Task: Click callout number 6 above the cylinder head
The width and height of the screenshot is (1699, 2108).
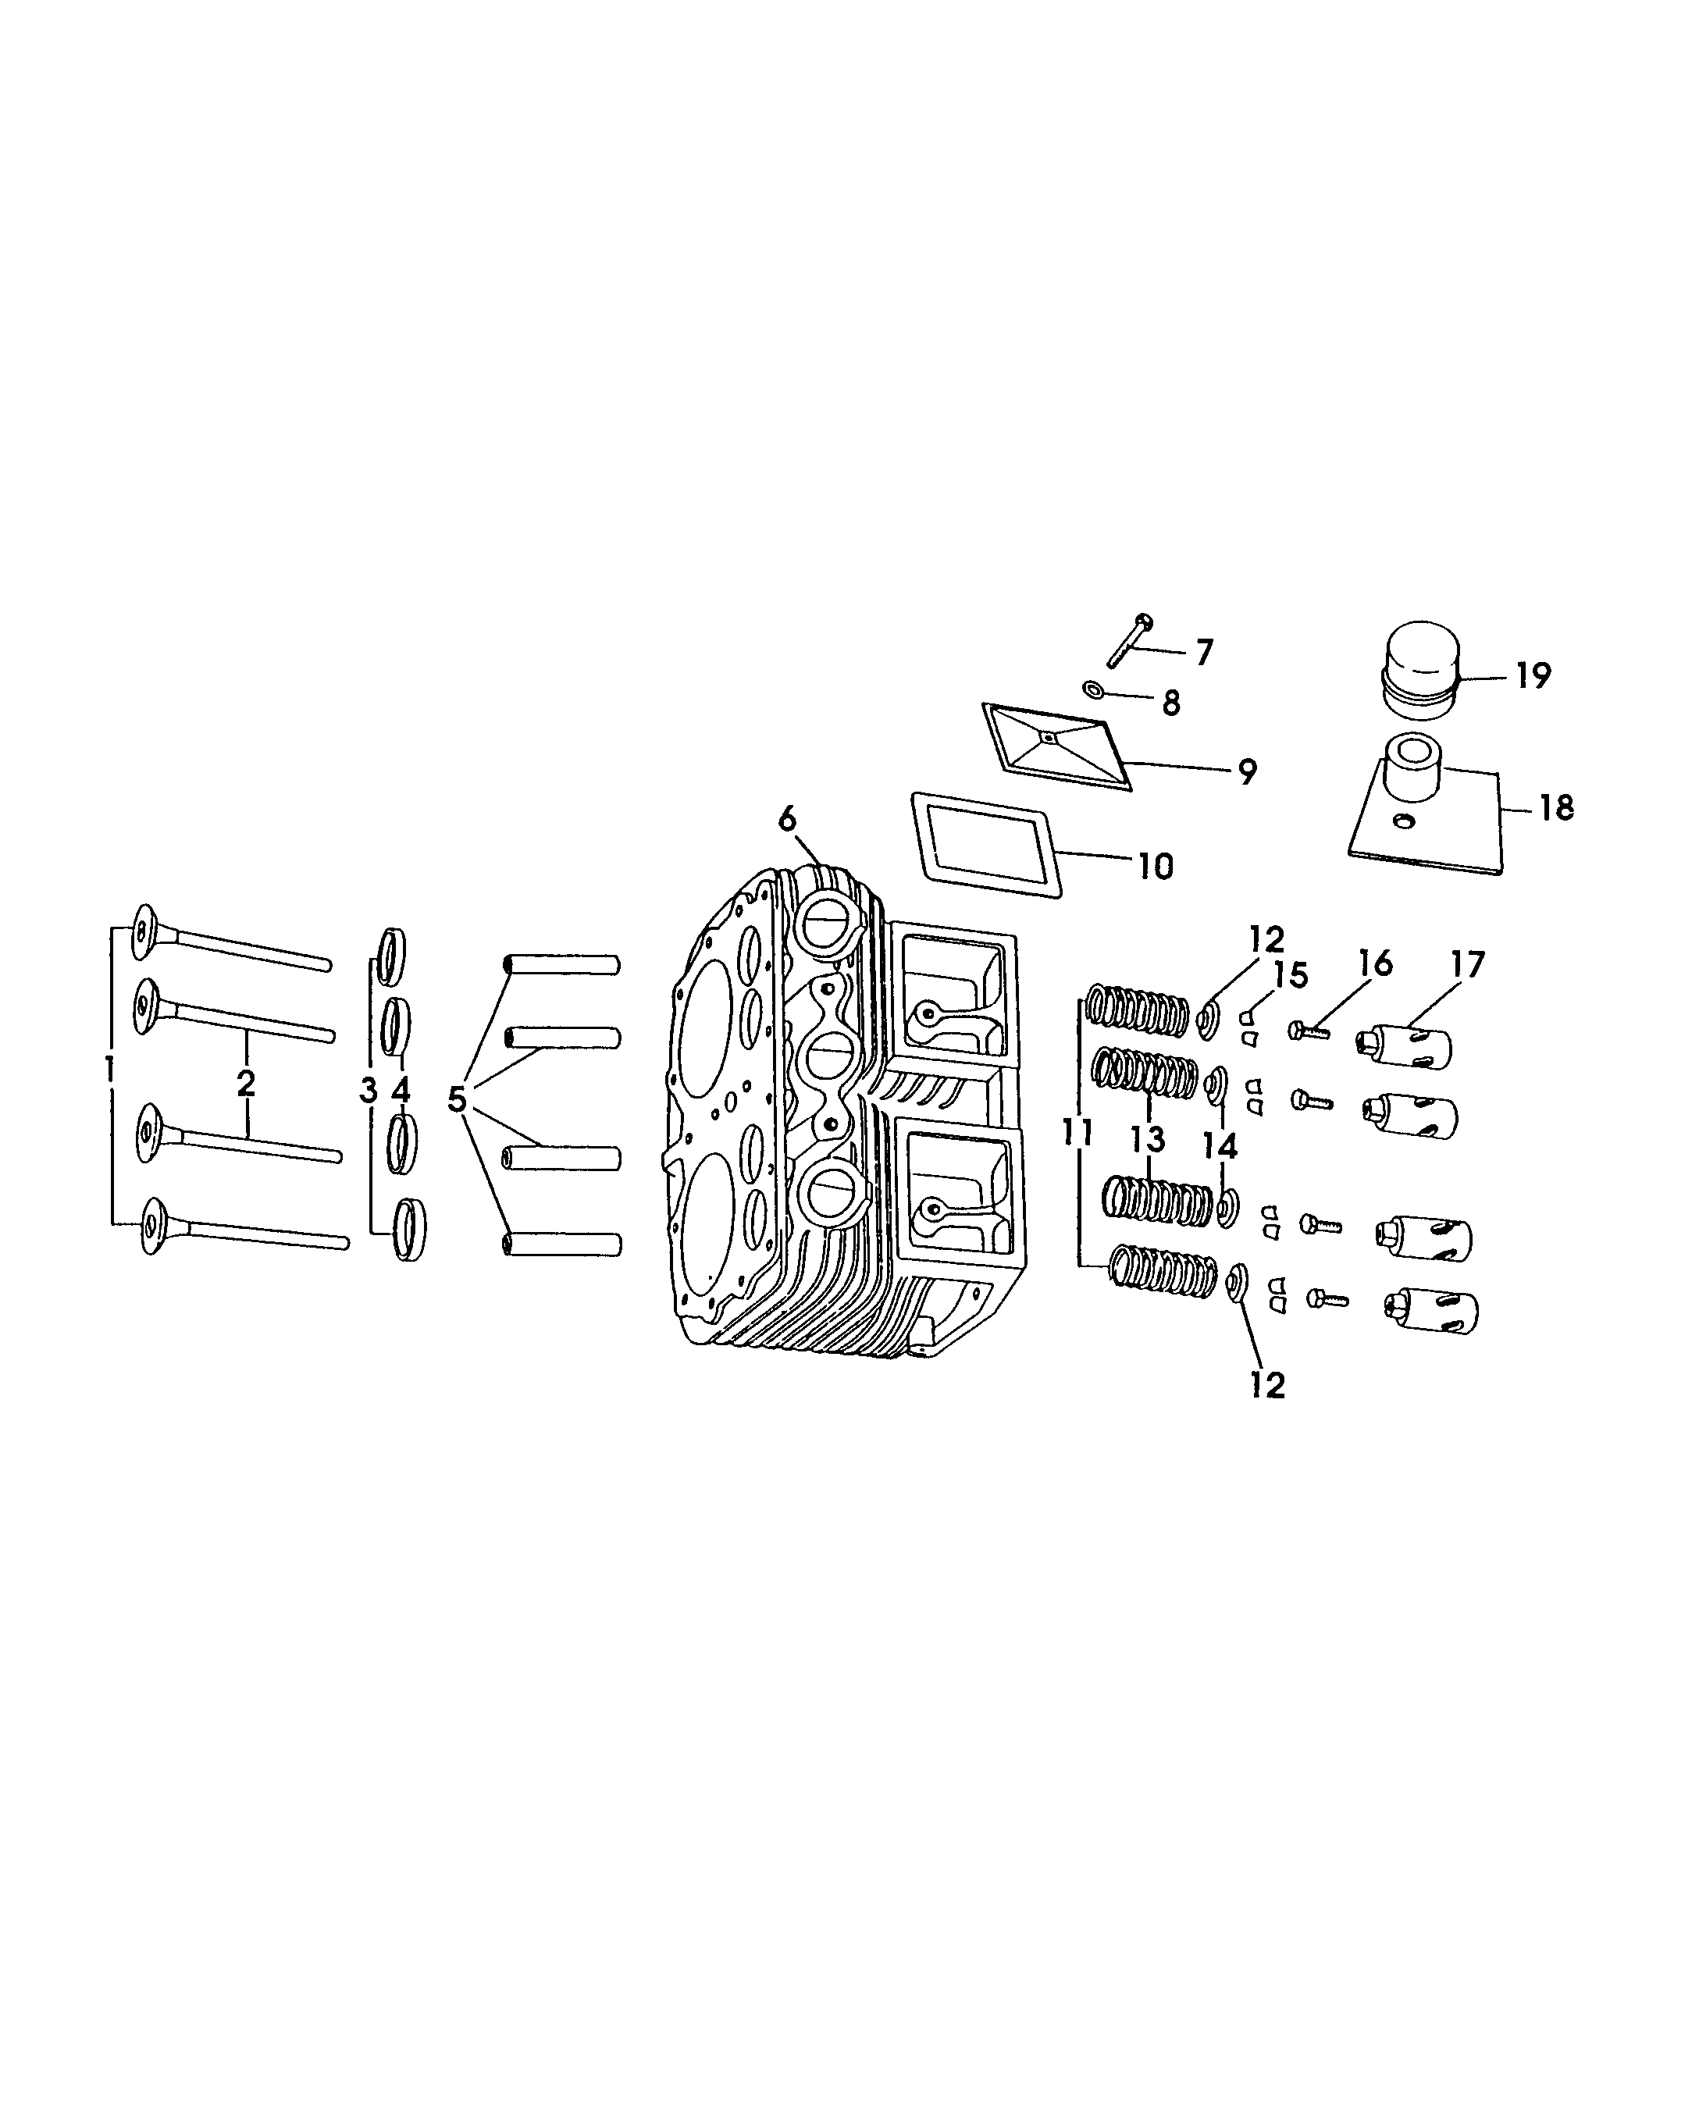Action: [788, 818]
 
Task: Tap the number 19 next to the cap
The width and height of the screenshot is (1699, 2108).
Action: [1533, 675]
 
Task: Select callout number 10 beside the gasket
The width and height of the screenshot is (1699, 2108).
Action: [1155, 865]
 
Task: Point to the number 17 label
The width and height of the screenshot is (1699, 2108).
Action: [1467, 964]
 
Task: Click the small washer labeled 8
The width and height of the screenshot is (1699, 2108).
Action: [1093, 691]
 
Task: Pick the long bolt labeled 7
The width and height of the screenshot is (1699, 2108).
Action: [1128, 643]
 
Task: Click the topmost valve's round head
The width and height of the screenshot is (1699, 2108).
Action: [145, 929]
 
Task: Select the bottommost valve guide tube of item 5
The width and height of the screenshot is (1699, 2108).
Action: [563, 1245]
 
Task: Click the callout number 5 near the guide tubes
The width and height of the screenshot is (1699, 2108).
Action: [456, 1099]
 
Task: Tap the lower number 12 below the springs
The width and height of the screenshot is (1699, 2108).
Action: [1267, 1385]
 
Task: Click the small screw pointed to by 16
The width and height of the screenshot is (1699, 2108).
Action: [1309, 1028]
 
